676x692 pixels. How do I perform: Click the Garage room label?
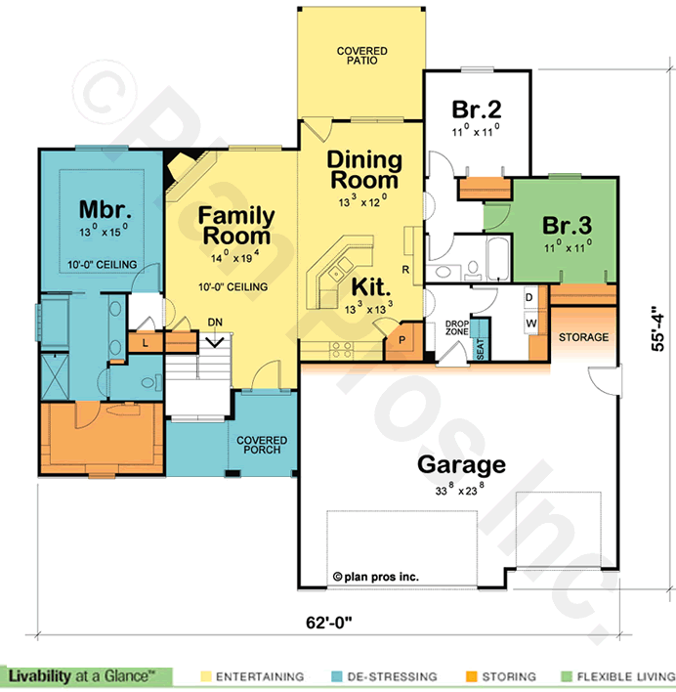point(461,465)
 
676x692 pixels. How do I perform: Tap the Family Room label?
point(236,226)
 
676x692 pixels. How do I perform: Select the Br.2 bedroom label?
point(477,109)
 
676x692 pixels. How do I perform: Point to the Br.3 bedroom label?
point(568,225)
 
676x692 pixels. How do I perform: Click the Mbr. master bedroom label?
point(105,209)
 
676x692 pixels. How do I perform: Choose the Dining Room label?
point(364,170)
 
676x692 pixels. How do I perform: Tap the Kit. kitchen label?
point(371,287)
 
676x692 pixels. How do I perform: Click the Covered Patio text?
point(362,56)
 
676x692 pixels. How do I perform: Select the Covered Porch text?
point(262,445)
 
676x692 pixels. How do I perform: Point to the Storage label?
point(583,337)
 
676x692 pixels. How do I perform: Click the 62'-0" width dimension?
point(329,623)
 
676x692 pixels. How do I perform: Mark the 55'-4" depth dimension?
point(657,328)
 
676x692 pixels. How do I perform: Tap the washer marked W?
point(531,324)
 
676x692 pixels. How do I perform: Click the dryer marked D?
point(529,297)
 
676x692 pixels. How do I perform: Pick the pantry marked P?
point(402,340)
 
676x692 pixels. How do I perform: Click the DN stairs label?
point(215,323)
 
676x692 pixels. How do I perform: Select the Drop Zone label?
point(457,327)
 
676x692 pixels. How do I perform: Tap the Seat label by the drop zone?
point(481,349)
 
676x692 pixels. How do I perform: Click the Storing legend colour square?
point(472,676)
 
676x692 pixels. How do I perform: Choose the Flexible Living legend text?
point(626,676)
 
